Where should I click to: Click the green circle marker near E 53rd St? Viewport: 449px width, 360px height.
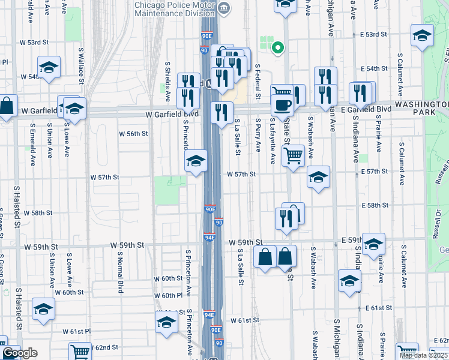click(277, 47)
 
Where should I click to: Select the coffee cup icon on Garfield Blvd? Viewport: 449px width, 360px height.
click(282, 104)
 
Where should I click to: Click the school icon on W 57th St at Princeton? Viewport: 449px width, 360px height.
click(196, 161)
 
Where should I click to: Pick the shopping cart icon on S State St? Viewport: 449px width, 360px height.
click(293, 155)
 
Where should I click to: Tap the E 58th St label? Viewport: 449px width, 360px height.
click(375, 205)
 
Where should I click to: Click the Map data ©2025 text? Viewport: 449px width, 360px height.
click(424, 355)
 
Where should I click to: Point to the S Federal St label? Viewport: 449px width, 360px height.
click(258, 81)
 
